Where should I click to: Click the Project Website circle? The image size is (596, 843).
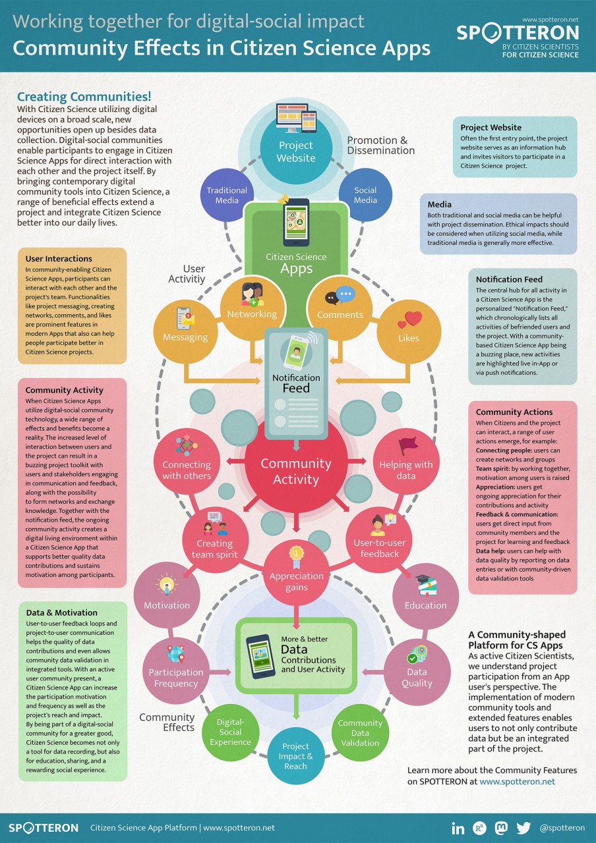pos(296,146)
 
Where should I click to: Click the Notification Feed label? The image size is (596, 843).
pos(296,383)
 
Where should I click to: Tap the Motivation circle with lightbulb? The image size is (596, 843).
pos(167,596)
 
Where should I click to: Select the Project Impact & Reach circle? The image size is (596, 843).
pos(296,755)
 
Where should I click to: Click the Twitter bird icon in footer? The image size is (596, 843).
pos(523,828)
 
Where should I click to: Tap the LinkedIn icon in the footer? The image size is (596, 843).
pos(458,828)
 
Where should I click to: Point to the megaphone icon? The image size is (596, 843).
pos(284,198)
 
